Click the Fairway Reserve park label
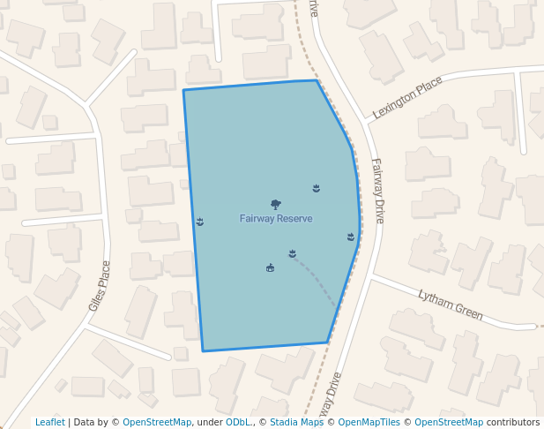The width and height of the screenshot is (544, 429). coord(276,218)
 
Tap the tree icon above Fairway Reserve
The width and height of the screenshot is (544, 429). coord(276,205)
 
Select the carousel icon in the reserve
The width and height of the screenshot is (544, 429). coord(270,267)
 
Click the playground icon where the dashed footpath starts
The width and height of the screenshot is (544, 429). coord(292,254)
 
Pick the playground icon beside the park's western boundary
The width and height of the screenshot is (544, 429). coord(200,221)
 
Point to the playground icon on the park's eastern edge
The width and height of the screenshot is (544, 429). coord(351,237)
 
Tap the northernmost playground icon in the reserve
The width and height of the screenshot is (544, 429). coord(317,188)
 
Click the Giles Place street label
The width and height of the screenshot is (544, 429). coord(100,286)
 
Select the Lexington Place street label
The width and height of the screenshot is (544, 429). coord(407,97)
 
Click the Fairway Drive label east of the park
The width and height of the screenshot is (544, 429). coord(378,191)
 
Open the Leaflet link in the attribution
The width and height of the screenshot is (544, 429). coord(50,423)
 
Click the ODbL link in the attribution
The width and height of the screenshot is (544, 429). coord(237,423)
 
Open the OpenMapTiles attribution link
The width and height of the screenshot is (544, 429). coord(369,423)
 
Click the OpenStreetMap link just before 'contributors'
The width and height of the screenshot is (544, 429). coord(449,423)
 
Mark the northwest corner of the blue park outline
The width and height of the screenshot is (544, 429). coord(183,90)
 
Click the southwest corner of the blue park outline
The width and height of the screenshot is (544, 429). coord(204,351)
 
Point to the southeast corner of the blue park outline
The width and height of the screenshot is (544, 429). coord(327,342)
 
